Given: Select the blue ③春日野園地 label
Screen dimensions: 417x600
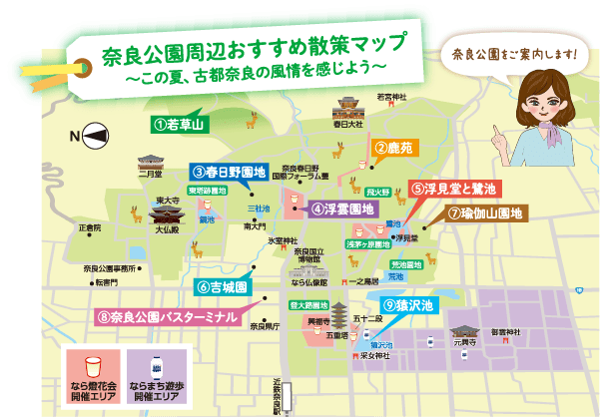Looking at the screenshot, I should coord(230,171).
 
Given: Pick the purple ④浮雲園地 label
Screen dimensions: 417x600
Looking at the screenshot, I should coord(341,208).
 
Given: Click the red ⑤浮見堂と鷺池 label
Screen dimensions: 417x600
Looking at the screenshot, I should coord(452,187).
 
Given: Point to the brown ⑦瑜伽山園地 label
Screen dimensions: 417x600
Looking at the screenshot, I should coord(489,213).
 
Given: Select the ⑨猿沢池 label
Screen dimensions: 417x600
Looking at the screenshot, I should coord(408,303).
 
